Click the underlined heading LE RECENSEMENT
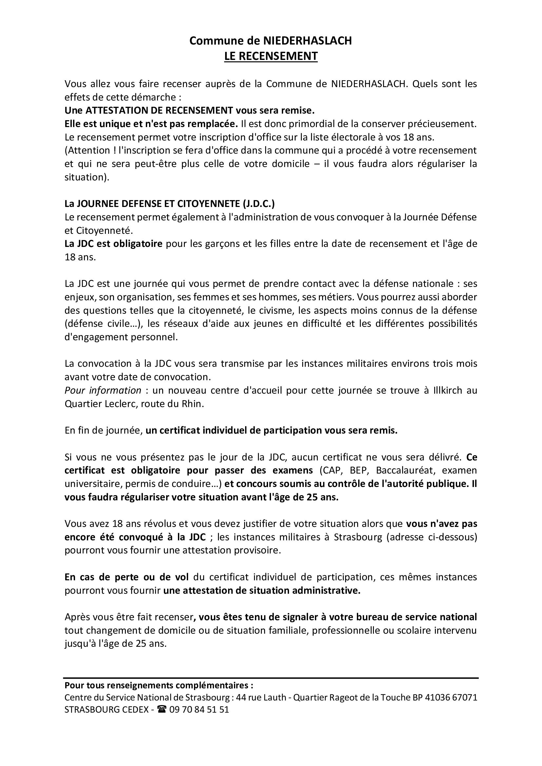[271, 56]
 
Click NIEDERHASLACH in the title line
[307, 41]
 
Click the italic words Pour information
[103, 390]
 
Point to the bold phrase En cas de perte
[126, 577]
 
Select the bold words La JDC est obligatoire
[113, 244]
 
